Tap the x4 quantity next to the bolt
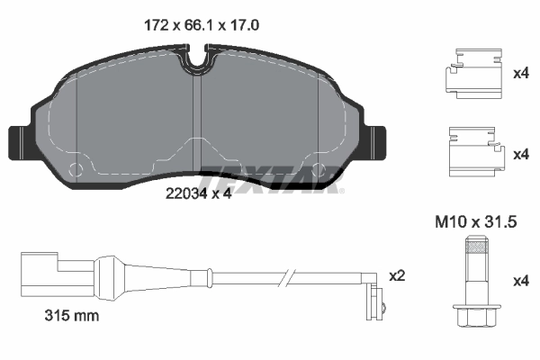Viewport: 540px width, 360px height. (x=520, y=282)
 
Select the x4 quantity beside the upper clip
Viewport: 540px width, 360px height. (x=520, y=75)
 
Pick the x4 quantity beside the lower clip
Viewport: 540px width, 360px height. (x=520, y=155)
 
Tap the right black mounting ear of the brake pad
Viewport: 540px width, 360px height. (x=378, y=141)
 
